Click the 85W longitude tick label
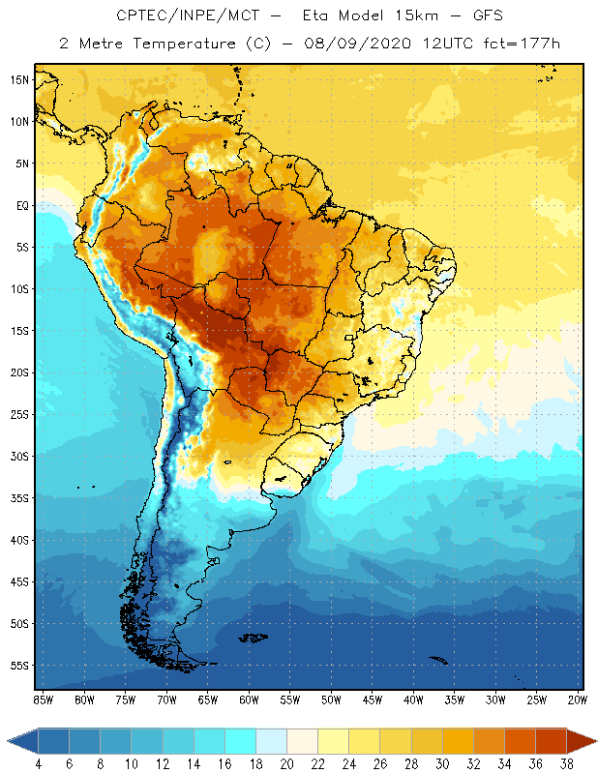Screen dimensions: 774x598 (x=43, y=699)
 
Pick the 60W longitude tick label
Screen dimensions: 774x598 (x=249, y=699)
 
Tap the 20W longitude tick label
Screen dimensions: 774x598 (x=577, y=699)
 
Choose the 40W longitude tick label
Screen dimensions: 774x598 (x=413, y=699)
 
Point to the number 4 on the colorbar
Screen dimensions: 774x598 (x=39, y=763)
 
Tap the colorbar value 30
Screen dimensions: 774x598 (x=442, y=763)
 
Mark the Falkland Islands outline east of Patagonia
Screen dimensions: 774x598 (x=254, y=637)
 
